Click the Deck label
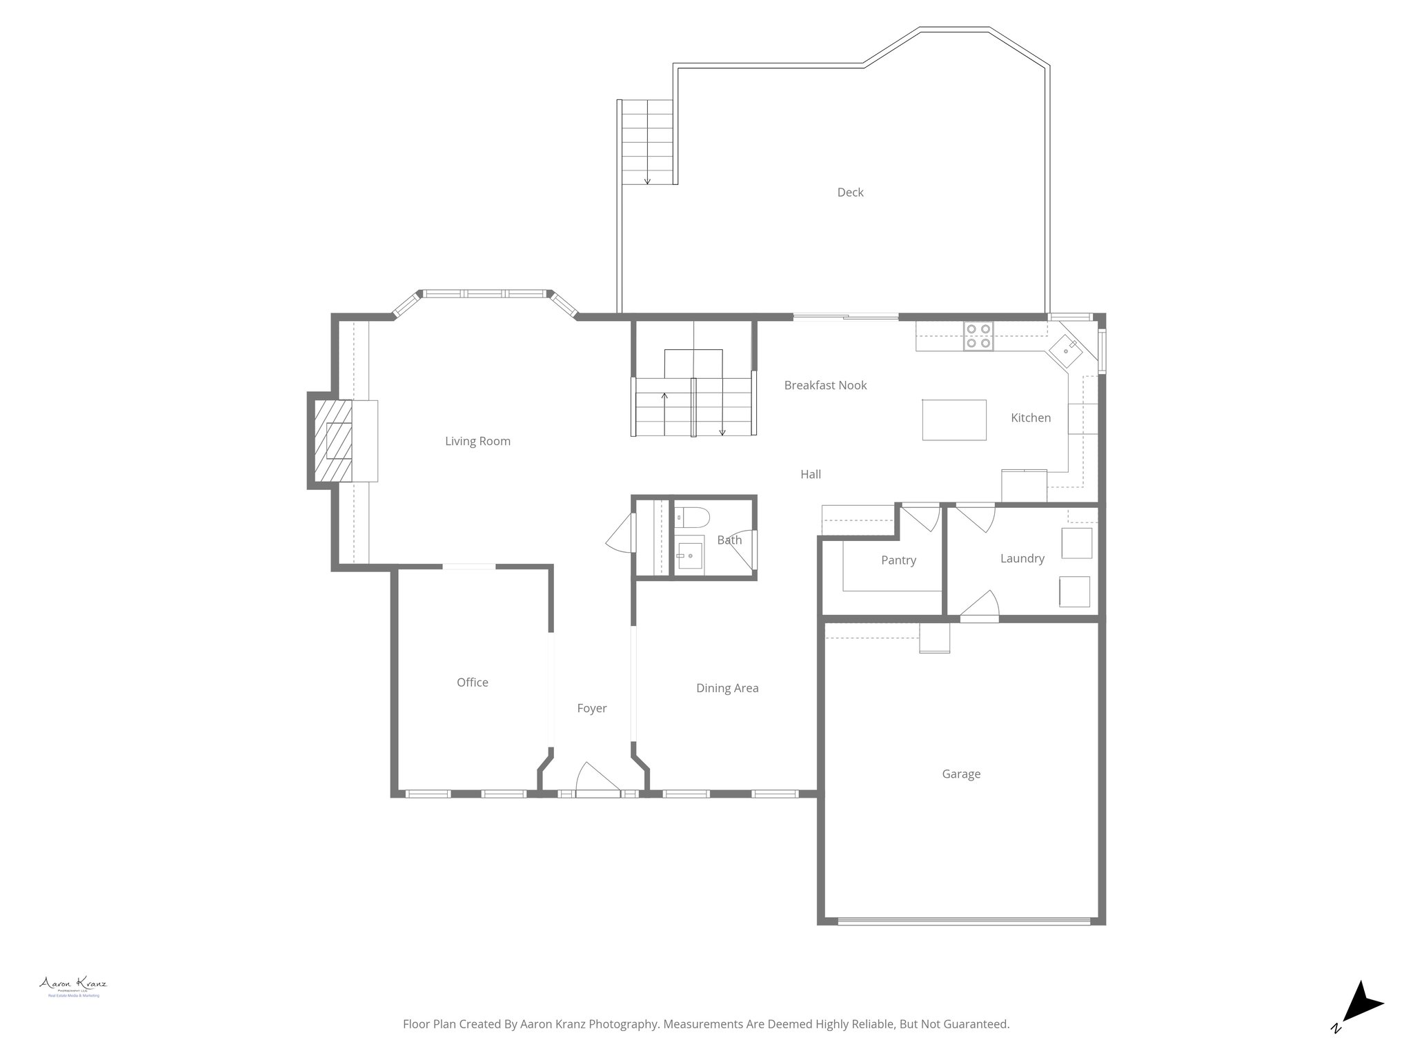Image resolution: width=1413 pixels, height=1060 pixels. tap(850, 193)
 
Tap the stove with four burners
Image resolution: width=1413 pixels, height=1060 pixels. tap(978, 336)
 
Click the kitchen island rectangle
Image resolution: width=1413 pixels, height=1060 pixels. tap(954, 420)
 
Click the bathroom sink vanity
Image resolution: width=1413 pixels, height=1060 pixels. tap(689, 553)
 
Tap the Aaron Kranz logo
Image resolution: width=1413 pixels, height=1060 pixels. tap(73, 985)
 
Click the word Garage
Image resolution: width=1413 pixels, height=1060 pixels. tap(961, 774)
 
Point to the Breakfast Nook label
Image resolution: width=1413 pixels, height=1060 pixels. tap(825, 386)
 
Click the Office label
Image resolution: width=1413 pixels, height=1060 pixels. tap(473, 683)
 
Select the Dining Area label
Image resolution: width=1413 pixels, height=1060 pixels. tap(727, 688)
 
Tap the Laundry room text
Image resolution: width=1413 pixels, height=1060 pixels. tap(1022, 558)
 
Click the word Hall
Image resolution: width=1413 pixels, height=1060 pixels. tap(811, 474)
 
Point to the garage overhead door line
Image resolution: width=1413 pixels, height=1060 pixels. tap(964, 920)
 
